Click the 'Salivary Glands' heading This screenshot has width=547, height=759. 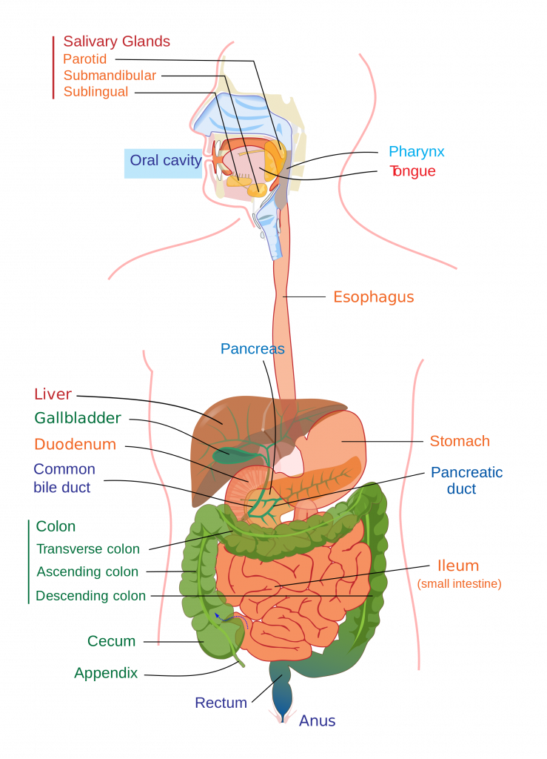116,42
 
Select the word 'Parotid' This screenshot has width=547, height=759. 85,59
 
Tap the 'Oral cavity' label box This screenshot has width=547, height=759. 164,160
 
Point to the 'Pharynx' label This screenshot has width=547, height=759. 417,153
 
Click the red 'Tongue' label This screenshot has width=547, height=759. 412,171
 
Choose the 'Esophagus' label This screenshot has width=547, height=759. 373,297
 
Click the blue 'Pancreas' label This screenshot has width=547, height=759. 252,348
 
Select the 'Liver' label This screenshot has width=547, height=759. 53,394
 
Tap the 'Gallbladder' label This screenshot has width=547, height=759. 77,418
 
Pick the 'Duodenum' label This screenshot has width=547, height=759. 75,445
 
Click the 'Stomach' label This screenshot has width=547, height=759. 460,441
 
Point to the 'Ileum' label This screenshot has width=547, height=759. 457,566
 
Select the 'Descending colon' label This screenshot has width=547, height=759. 90,596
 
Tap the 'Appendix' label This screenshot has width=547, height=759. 106,673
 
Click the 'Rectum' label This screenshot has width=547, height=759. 221,703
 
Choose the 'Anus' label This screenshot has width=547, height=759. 317,720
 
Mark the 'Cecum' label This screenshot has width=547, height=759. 111,641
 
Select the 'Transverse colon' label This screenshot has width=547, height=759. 88,549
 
